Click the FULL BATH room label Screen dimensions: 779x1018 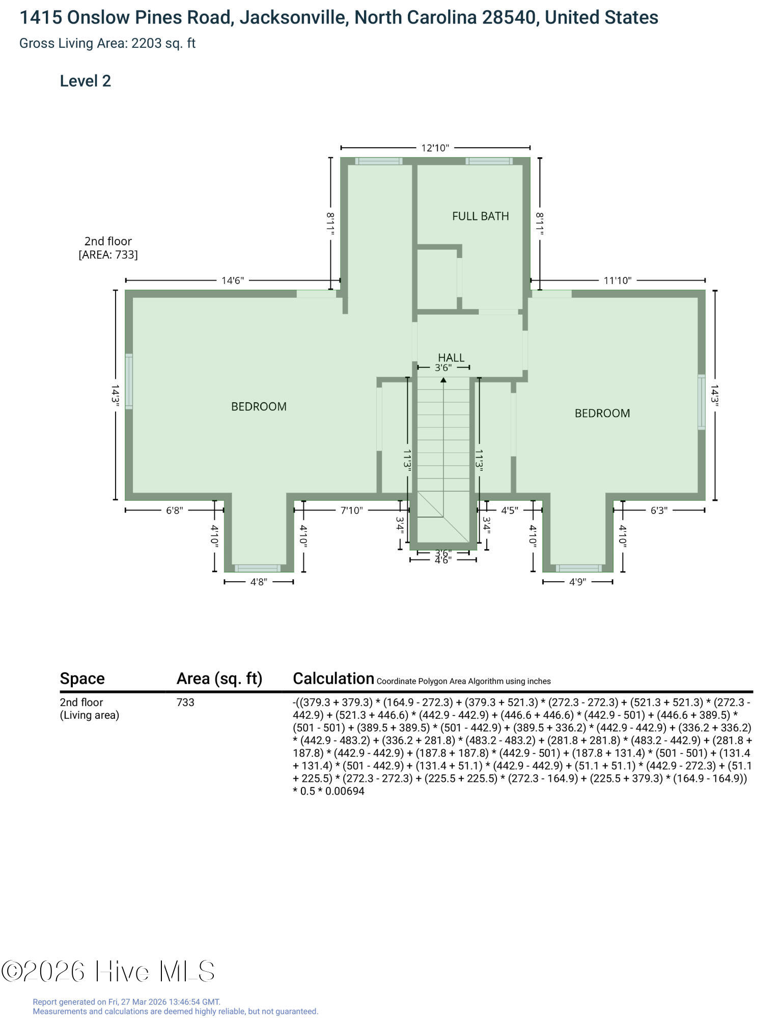[x=480, y=216]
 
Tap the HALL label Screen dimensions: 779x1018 [x=451, y=357]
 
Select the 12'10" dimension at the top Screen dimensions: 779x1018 [x=435, y=148]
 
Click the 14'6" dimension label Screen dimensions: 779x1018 [x=233, y=280]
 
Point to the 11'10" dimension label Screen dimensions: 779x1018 [x=618, y=280]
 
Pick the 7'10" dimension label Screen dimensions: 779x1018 [x=351, y=510]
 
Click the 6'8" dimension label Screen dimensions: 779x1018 [x=174, y=510]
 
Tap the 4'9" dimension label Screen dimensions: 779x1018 [x=577, y=581]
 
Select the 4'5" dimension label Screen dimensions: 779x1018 [x=509, y=510]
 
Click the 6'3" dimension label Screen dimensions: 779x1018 [x=658, y=510]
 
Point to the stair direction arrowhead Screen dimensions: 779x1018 [x=443, y=380]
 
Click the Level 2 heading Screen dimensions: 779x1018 [x=86, y=81]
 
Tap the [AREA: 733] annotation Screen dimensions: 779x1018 [x=108, y=254]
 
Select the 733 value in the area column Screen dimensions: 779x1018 [x=185, y=702]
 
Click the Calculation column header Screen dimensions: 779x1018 [x=333, y=678]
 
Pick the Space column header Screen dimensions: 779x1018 [x=82, y=678]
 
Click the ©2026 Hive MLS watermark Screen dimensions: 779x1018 [x=108, y=971]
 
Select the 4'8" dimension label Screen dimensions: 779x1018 [x=259, y=581]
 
